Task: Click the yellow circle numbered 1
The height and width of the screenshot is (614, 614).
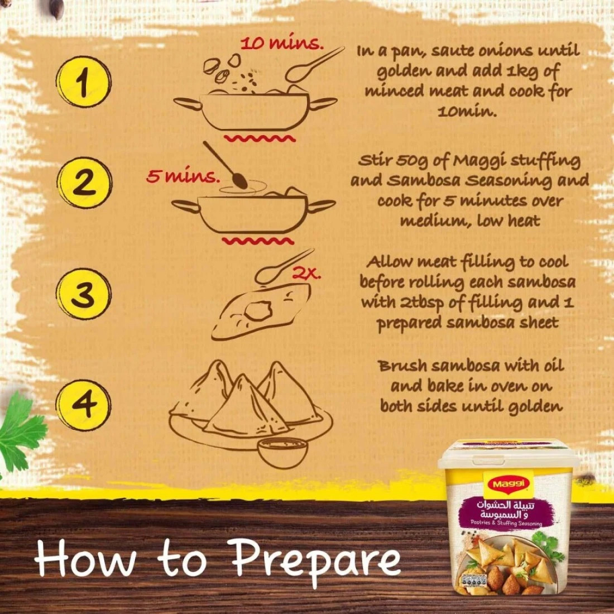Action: click(x=83, y=82)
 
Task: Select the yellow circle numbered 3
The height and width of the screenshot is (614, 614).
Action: click(x=83, y=294)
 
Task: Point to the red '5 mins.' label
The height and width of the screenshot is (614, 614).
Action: click(x=183, y=176)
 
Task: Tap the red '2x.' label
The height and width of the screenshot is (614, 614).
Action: click(x=306, y=274)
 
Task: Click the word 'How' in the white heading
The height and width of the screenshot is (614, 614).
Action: click(x=85, y=558)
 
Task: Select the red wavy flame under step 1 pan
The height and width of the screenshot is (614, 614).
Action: click(x=260, y=138)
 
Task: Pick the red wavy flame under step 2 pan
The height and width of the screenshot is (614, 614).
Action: click(x=258, y=241)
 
